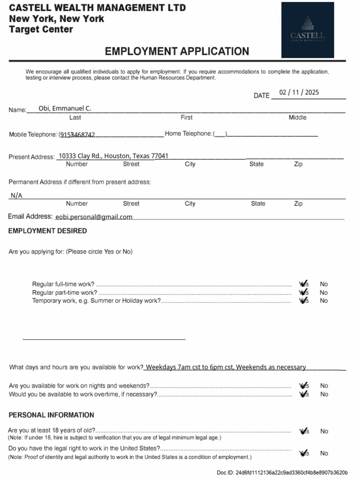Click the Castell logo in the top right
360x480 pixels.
click(307, 30)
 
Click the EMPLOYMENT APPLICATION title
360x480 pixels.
click(177, 51)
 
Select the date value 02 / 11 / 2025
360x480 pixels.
click(299, 92)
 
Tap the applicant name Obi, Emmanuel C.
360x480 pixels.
click(65, 109)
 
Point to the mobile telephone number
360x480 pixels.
click(77, 135)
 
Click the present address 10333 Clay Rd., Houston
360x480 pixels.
click(113, 156)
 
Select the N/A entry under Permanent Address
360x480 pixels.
click(16, 195)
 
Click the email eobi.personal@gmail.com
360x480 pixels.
click(94, 217)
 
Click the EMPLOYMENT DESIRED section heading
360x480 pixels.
click(47, 231)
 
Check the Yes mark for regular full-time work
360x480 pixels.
click(304, 284)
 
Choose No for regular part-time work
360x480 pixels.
click(324, 292)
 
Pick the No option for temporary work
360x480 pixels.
click(324, 301)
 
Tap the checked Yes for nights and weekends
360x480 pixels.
click(304, 386)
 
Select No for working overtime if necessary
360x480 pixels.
click(324, 394)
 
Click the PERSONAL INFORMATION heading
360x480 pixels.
click(51, 415)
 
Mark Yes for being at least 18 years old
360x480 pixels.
click(304, 431)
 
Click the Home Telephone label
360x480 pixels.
click(188, 134)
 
